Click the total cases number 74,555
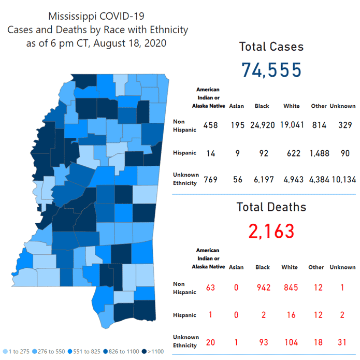[x=271, y=69]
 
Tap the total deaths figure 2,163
[x=271, y=231]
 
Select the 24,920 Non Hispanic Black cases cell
[x=262, y=125]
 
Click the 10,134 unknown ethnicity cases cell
[x=342, y=180]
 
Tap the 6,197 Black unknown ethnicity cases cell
[x=262, y=180]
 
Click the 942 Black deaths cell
[x=263, y=287]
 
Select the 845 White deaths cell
[x=290, y=287]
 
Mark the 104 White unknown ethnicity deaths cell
[x=290, y=341]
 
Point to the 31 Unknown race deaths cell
[x=342, y=341]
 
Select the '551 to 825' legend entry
[x=87, y=351]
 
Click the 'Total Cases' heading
[x=271, y=47]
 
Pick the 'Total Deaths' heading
[x=271, y=207]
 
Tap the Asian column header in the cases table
[x=236, y=106]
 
